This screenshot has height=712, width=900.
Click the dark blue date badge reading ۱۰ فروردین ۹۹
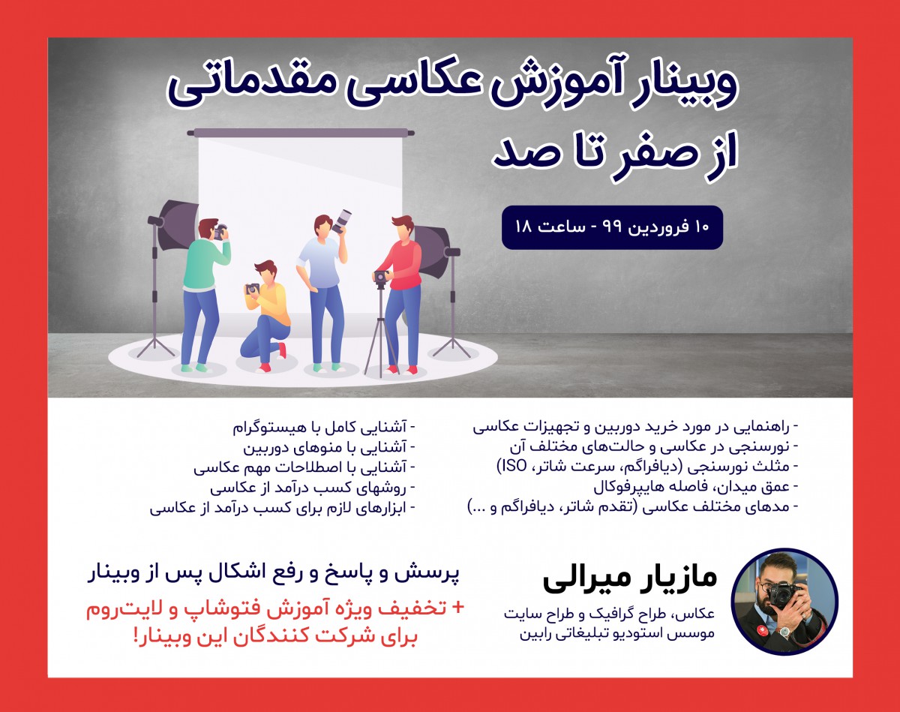coord(612,227)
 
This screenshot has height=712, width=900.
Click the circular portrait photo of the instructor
coord(784,602)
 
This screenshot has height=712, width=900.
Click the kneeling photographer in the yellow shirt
coord(265,315)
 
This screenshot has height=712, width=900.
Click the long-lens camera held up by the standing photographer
coord(343,221)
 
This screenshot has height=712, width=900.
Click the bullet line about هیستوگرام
coord(324,428)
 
